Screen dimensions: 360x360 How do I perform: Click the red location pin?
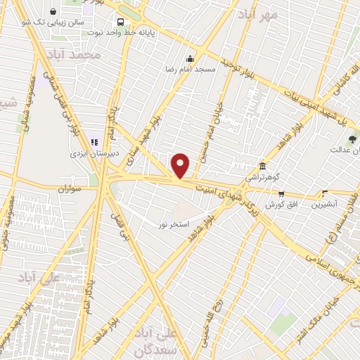pyautogui.click(x=181, y=165)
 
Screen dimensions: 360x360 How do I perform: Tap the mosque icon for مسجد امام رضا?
pyautogui.click(x=190, y=59)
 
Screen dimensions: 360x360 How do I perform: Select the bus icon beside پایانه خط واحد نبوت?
pyautogui.click(x=121, y=22)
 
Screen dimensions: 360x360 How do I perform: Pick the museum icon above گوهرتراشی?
pyautogui.click(x=262, y=166)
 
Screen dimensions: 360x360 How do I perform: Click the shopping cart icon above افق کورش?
pyautogui.click(x=281, y=193)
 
